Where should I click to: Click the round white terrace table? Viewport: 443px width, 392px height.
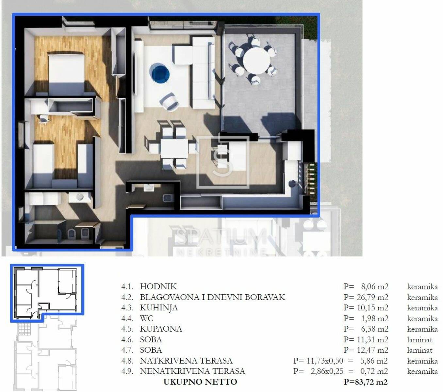[x=256, y=60]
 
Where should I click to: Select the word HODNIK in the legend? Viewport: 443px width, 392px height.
[x=158, y=286]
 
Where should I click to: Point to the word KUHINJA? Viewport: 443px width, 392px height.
[x=159, y=308]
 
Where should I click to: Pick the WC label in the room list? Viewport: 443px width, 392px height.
[x=146, y=318]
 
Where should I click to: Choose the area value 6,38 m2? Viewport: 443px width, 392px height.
[x=375, y=329]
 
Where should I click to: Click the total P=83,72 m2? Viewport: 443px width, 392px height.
[x=366, y=382]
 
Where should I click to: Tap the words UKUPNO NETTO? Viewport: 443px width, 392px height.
[x=200, y=382]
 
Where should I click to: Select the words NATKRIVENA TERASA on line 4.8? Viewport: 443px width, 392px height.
[x=186, y=361]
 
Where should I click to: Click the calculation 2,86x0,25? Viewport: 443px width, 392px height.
[x=327, y=371]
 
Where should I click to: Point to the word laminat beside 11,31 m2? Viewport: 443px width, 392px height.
[x=419, y=339]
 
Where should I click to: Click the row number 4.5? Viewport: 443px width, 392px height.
[x=127, y=329]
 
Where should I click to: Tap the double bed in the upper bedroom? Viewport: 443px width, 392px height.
[x=66, y=73]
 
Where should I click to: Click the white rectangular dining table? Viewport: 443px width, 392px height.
[x=174, y=148]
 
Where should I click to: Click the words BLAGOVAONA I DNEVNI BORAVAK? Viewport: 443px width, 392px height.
[x=213, y=297]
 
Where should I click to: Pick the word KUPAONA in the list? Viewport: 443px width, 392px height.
[x=161, y=329]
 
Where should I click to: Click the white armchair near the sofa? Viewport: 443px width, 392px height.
[x=170, y=102]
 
